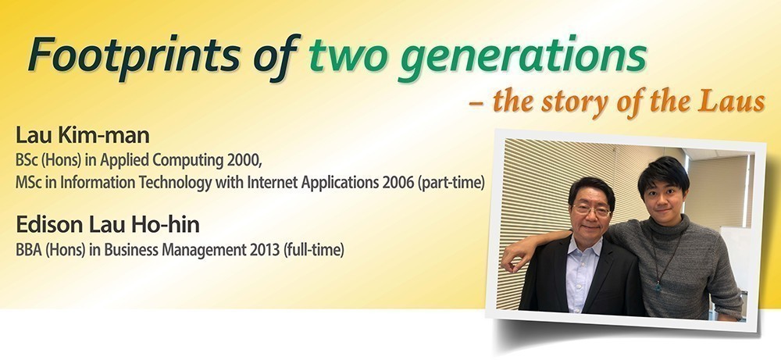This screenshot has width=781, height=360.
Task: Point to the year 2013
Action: (x=264, y=249)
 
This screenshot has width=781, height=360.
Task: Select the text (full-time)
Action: (x=313, y=250)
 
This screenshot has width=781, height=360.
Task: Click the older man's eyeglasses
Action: (x=592, y=209)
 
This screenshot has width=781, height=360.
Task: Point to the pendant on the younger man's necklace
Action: (x=658, y=286)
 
